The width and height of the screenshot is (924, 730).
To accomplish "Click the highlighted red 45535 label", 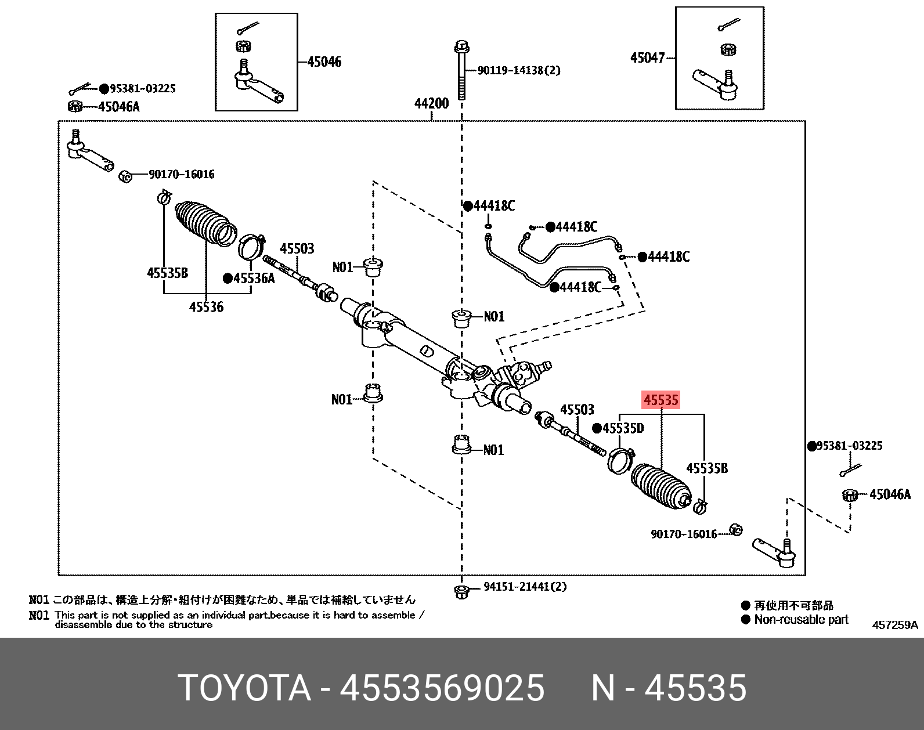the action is coord(660,400).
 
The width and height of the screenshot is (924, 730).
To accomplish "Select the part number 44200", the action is coord(431,103).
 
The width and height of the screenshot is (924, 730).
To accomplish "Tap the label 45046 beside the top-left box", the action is coord(324,62).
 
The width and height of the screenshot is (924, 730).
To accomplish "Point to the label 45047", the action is coord(647,57).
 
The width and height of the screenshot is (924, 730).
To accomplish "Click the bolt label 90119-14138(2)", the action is coord(519,70).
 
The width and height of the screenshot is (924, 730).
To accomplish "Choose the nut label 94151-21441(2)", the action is coord(525,587).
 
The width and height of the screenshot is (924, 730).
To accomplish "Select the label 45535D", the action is coord(623,428).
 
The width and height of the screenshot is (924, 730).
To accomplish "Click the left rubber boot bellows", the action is coord(204,223).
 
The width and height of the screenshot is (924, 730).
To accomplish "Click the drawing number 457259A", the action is coord(894,625).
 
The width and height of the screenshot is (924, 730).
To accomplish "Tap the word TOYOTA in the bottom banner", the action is coord(244,688).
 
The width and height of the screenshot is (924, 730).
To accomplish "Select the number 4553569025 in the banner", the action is coord(442,688).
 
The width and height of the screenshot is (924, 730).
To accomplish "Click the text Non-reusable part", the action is coord(801,620).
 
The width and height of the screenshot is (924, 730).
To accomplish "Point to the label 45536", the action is coord(206,307).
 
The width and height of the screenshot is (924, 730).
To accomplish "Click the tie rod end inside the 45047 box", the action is coord(716,83).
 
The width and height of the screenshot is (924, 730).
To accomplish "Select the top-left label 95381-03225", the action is coord(142,89).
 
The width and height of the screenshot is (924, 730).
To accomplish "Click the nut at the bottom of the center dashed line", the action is coord(461,592).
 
